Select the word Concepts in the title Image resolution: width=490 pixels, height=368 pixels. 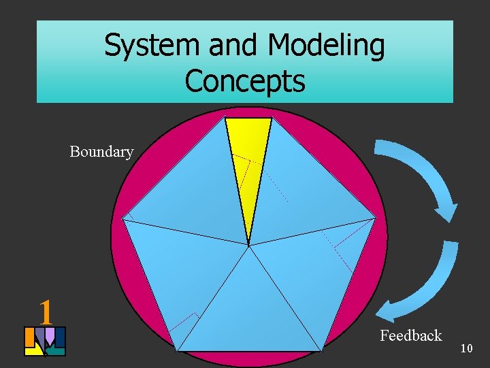(244, 80)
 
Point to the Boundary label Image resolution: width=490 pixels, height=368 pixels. (101, 151)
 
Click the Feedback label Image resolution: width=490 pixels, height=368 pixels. (410, 335)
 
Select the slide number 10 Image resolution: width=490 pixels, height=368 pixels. (466, 348)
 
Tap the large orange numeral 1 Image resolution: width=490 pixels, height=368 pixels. (46, 312)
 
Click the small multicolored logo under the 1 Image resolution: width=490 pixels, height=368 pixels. (45, 341)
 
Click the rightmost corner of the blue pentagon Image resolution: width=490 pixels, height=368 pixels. (376, 219)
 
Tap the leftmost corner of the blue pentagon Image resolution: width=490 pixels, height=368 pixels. (122, 219)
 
